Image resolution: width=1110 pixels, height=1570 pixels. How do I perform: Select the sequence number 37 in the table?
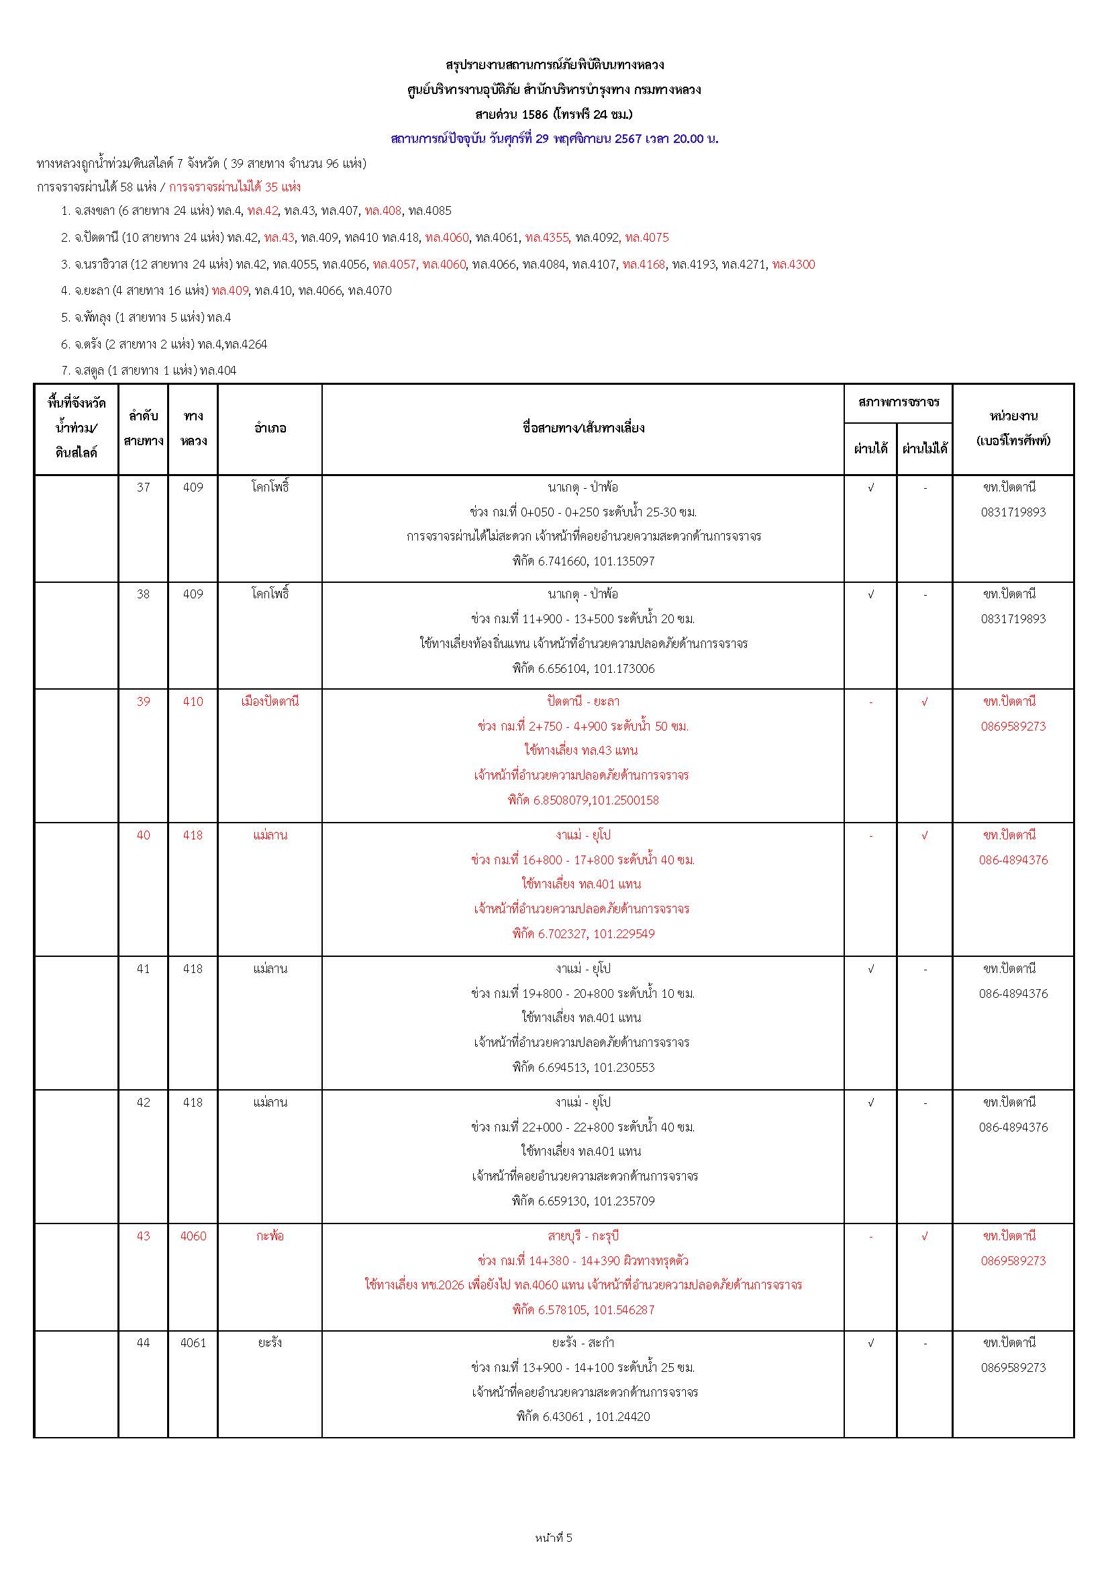(x=143, y=488)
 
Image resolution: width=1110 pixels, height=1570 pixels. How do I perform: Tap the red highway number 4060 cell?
(x=193, y=1236)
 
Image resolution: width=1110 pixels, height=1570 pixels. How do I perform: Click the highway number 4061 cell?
(x=193, y=1342)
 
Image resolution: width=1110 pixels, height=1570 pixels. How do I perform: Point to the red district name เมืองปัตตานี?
(x=270, y=701)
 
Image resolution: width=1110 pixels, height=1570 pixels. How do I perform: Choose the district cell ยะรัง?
(x=270, y=1342)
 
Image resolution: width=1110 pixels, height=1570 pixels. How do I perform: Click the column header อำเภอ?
(x=270, y=428)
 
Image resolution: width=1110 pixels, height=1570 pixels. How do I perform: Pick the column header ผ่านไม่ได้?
(x=925, y=449)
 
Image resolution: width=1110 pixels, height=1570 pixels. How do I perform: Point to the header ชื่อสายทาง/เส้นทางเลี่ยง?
(x=583, y=428)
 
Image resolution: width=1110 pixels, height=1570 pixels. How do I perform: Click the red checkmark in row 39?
(x=925, y=701)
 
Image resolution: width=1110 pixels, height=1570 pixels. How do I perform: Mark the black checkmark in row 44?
(x=871, y=1342)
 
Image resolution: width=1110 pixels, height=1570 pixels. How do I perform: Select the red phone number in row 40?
(x=1013, y=860)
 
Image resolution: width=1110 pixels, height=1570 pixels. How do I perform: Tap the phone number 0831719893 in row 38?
(x=1013, y=619)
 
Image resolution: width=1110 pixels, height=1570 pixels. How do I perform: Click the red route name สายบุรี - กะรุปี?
(x=583, y=1236)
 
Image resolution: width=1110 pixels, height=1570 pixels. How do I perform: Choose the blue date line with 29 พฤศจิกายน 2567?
(x=554, y=139)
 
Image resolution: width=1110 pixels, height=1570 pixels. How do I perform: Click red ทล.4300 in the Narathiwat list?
(x=793, y=265)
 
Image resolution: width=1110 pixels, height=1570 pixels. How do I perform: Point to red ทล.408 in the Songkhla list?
(x=383, y=211)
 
